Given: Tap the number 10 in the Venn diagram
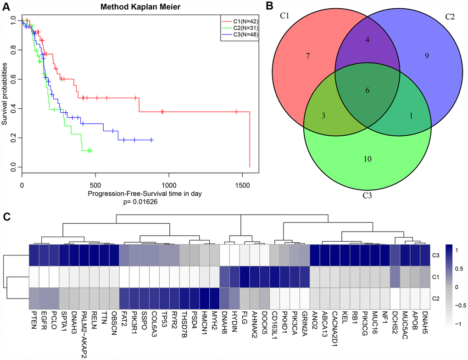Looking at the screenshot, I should coord(367,160).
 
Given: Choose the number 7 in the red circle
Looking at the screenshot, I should coord(309,56).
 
